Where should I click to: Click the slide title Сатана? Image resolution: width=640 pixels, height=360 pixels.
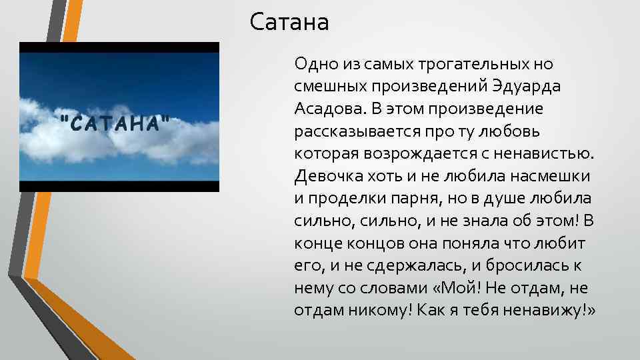(289, 23)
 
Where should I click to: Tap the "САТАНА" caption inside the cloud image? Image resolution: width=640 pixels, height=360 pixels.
(114, 123)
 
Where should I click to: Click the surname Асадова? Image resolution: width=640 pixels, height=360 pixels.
(323, 108)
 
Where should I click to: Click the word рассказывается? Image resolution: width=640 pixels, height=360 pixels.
(349, 131)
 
